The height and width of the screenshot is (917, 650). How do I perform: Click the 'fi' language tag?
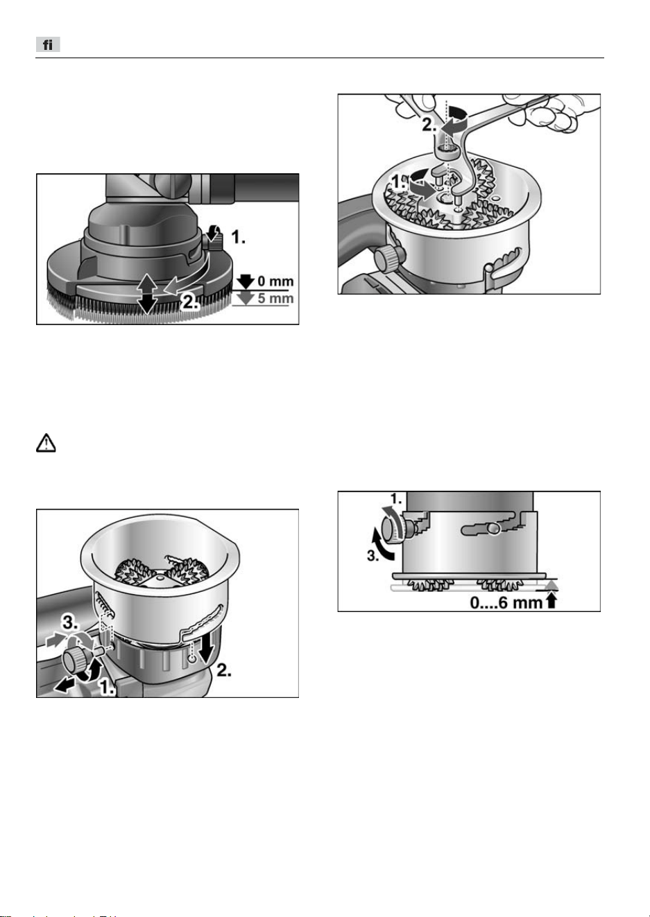[x=48, y=44]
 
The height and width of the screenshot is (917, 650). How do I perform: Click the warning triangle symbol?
[x=46, y=443]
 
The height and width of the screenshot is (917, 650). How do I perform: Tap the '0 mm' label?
[x=275, y=281]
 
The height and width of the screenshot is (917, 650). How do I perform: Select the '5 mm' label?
[x=275, y=299]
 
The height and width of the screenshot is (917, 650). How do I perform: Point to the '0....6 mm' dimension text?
[x=506, y=602]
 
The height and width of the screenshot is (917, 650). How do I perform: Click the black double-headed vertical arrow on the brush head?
[x=147, y=293]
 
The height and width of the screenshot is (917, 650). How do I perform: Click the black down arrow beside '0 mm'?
[x=245, y=281]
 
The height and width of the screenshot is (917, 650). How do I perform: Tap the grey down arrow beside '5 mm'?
[x=245, y=298]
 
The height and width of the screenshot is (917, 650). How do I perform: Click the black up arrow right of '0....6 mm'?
[x=551, y=601]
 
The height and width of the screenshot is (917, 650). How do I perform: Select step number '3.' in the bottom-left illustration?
[x=70, y=623]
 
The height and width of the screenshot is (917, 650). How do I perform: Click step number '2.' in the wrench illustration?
[x=429, y=125]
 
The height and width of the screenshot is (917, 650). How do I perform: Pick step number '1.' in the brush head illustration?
[x=238, y=237]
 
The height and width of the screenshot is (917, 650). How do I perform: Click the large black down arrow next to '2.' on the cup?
[x=206, y=649]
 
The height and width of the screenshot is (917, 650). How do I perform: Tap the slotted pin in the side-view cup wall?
[x=494, y=530]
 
